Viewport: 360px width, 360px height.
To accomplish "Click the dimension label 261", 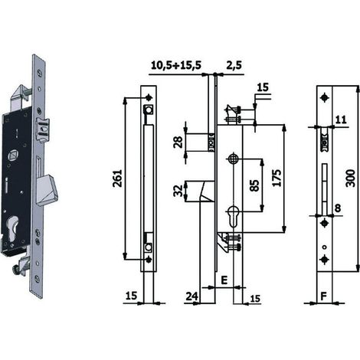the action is tap(118, 178).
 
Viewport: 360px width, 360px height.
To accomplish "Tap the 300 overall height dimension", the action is tap(351, 178).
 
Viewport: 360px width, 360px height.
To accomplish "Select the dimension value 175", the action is tap(277, 178).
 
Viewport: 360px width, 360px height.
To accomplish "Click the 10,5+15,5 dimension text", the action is tap(176, 65).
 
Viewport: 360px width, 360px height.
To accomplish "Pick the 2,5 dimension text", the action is tap(234, 65).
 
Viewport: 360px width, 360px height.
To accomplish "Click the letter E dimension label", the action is tap(224, 280).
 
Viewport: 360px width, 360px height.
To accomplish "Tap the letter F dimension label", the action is tap(323, 296).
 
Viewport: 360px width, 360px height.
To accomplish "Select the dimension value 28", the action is tap(178, 142).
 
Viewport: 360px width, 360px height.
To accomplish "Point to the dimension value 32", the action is tap(178, 191).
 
